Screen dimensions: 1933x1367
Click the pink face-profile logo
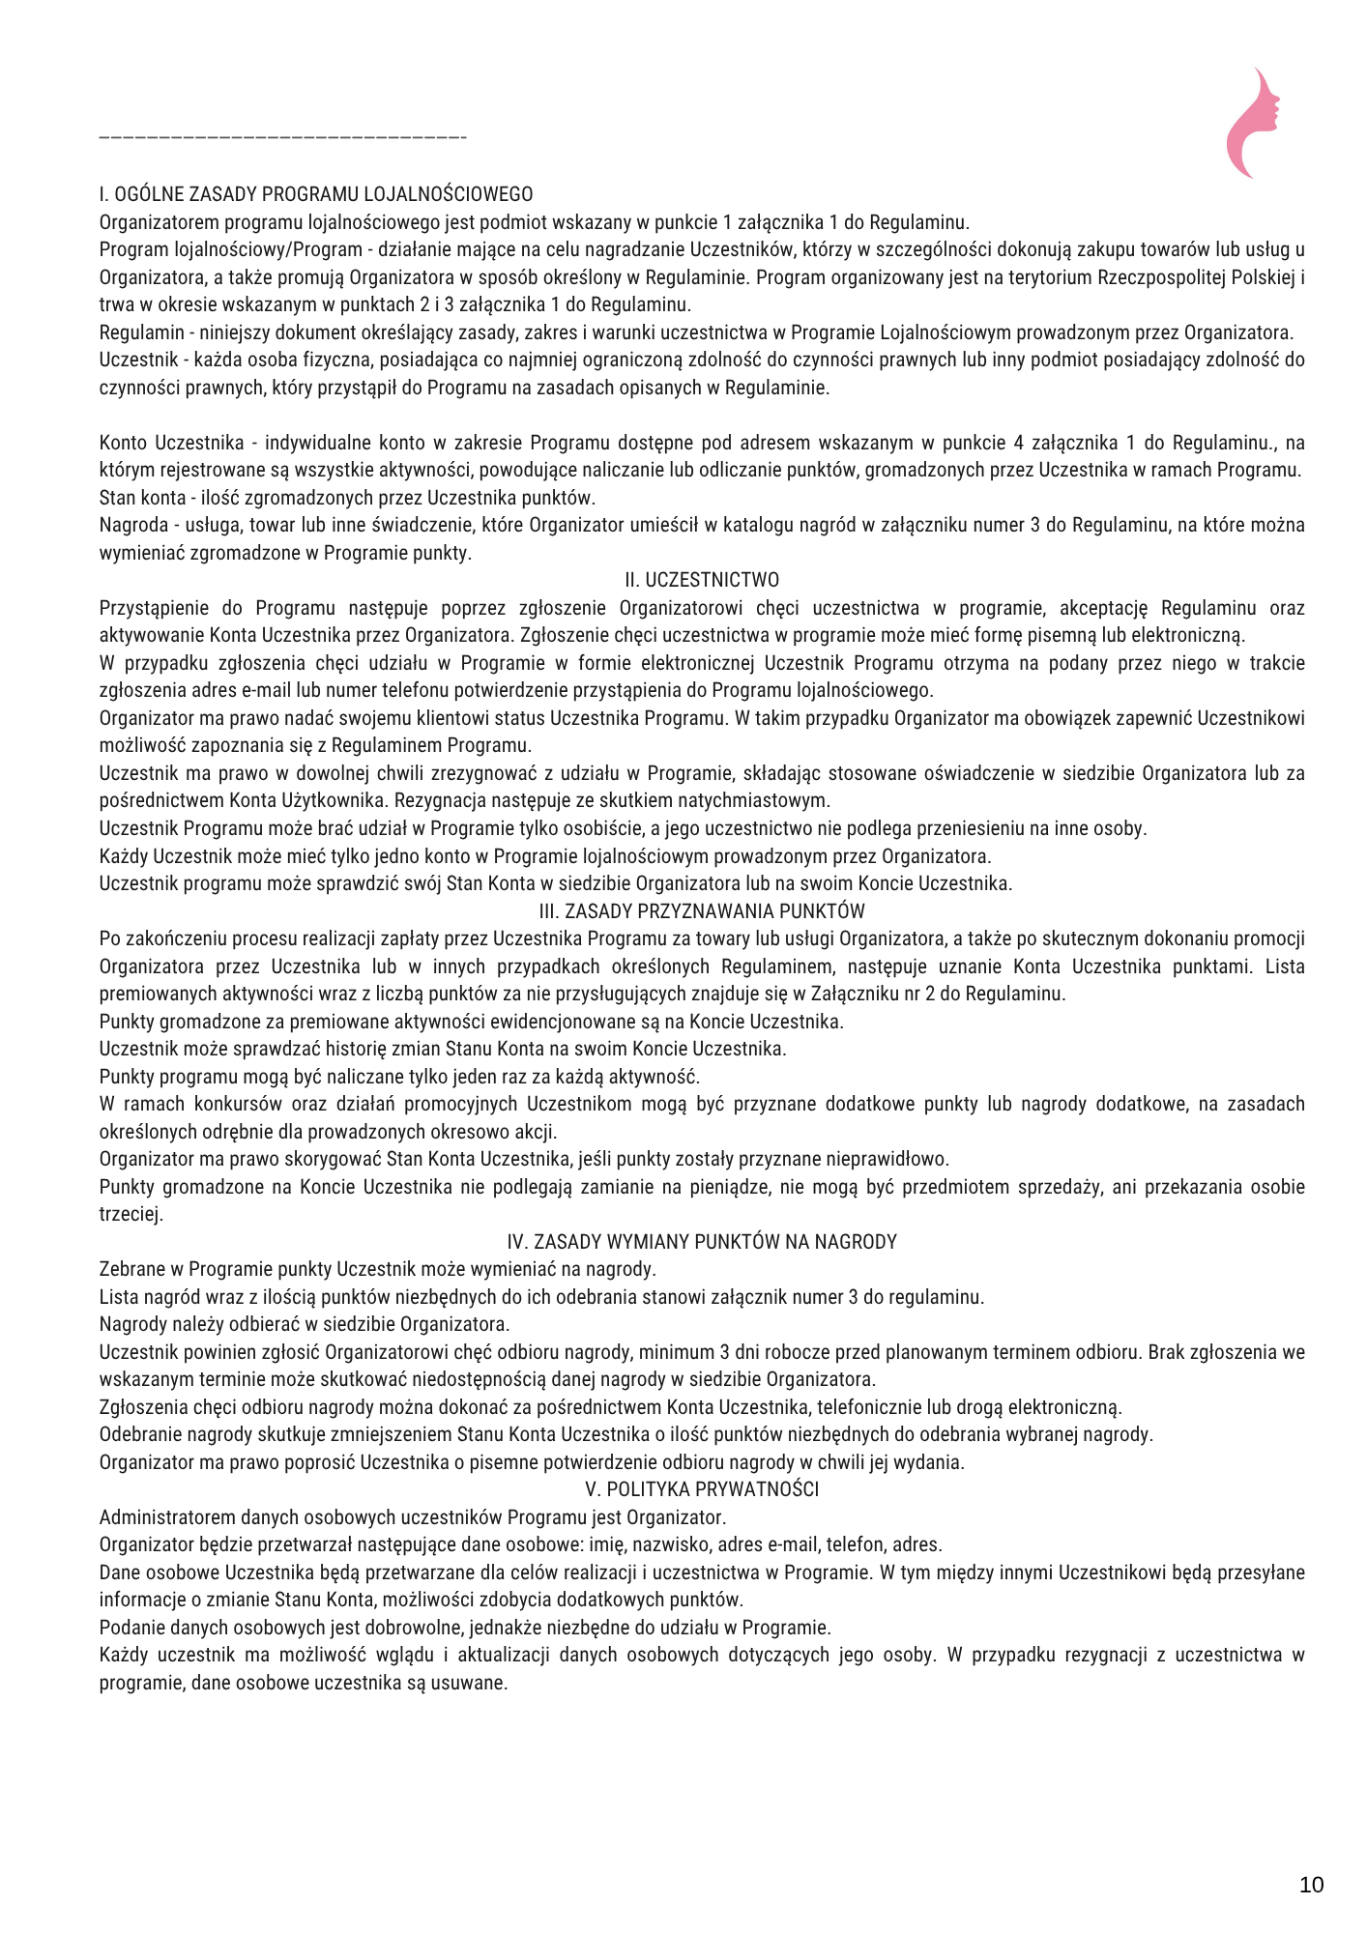pyautogui.click(x=1253, y=123)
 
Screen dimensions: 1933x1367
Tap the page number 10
pyautogui.click(x=1311, y=1885)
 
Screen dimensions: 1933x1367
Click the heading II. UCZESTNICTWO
pyautogui.click(x=702, y=580)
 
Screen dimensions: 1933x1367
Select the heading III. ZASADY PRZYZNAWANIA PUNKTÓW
pyautogui.click(x=702, y=911)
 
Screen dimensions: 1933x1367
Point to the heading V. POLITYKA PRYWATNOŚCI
pyautogui.click(x=702, y=1489)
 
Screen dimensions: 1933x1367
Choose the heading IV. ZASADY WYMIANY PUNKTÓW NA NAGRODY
pyautogui.click(x=702, y=1242)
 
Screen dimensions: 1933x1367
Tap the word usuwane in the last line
pyautogui.click(x=475, y=1683)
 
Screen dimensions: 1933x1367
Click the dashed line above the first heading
pyautogui.click(x=282, y=139)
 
